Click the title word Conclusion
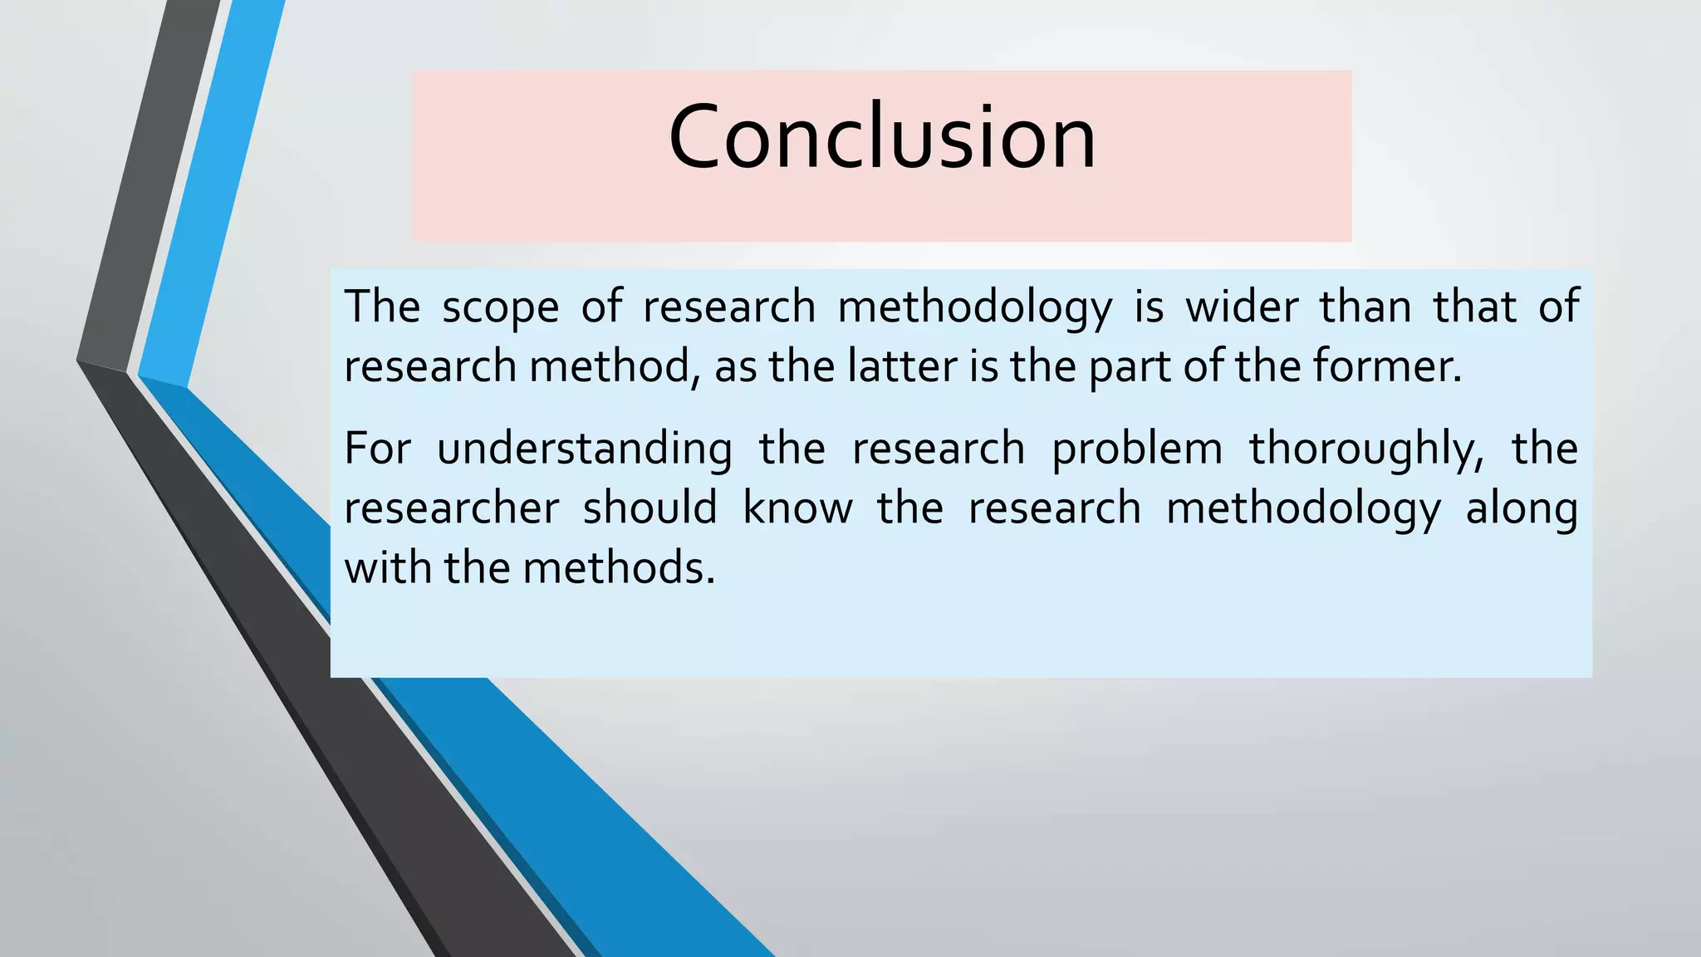(882, 137)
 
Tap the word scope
(500, 307)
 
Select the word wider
(1241, 306)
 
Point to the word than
(1365, 306)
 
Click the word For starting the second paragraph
(377, 449)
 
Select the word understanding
(585, 449)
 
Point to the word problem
(1137, 449)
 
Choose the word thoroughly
(1366, 449)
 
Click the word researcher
(452, 508)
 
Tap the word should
(650, 508)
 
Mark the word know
(797, 508)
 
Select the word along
(1522, 508)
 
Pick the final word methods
(618, 568)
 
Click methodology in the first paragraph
(974, 307)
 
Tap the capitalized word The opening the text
(382, 306)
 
